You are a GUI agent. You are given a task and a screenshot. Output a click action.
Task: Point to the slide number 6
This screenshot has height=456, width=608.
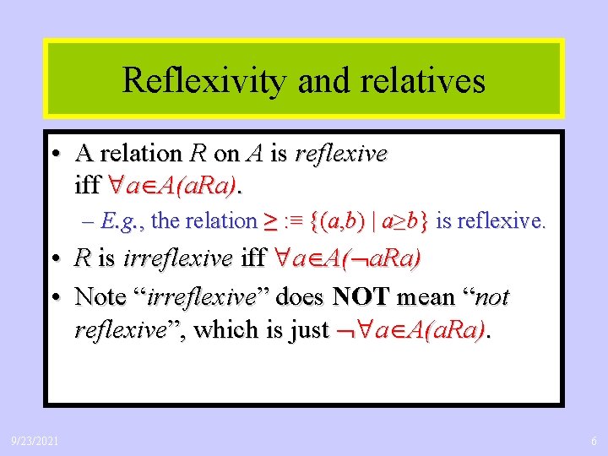594,440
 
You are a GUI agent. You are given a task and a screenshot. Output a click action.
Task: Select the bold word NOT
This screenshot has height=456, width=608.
361,297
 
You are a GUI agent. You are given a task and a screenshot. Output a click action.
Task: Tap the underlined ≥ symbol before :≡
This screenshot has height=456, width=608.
272,221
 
